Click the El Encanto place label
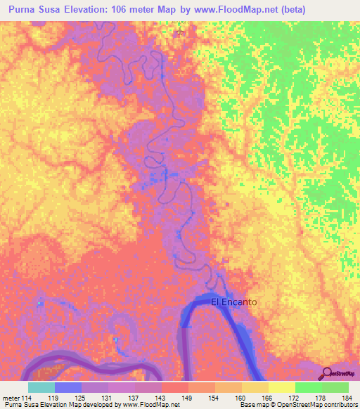point(234,301)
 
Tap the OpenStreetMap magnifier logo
point(328,373)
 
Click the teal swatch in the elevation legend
point(41,387)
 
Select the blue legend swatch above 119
point(68,387)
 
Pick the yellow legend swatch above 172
point(282,387)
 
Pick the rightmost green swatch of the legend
point(335,387)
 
